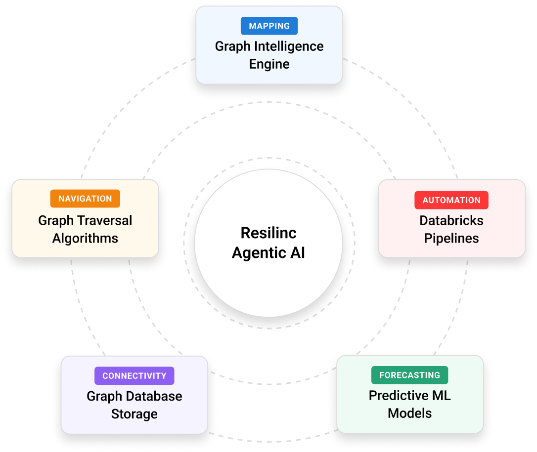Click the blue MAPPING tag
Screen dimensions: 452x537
pos(269,26)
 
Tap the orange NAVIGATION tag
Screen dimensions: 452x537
pos(85,199)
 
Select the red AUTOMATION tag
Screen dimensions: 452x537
pos(451,200)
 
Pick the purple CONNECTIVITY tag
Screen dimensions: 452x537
pos(134,376)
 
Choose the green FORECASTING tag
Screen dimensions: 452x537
pos(409,375)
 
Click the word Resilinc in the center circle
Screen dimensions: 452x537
pos(268,233)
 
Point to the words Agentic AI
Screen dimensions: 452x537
pos(268,253)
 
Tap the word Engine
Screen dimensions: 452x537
pos(269,64)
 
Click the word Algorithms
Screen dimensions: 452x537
pos(85,238)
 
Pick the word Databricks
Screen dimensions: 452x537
pos(451,220)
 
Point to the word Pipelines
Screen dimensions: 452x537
pos(451,238)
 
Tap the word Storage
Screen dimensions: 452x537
pos(134,414)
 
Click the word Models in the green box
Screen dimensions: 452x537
pos(409,413)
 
